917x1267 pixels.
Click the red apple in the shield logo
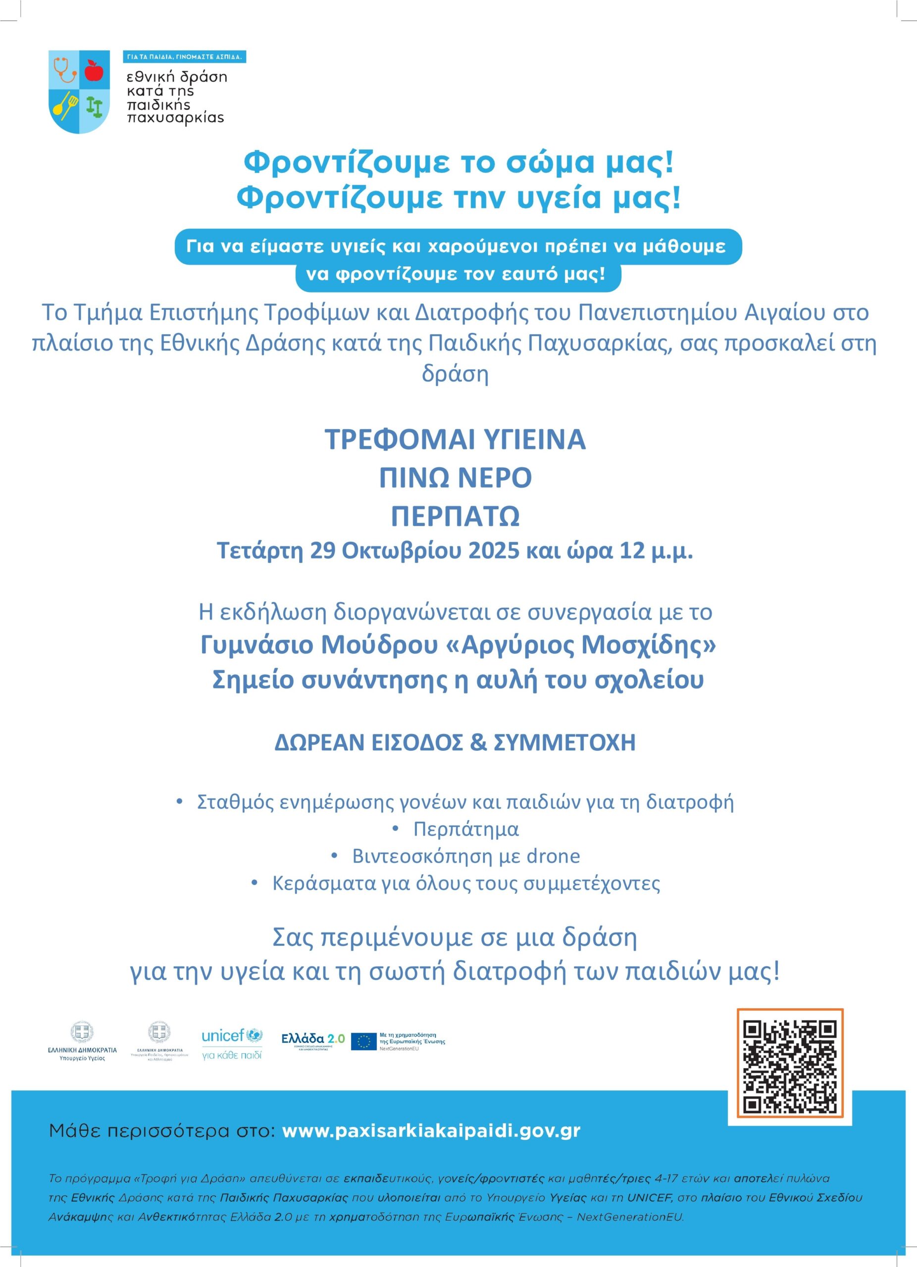[94, 71]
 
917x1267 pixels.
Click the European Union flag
[363, 1041]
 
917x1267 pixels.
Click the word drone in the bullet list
[553, 856]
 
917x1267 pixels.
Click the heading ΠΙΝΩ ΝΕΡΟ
[456, 478]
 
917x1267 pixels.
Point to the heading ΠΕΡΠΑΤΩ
[456, 516]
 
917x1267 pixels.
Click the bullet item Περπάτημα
[466, 829]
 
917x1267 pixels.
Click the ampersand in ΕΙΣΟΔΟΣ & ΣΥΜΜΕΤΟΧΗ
[478, 742]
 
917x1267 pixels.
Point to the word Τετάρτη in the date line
[260, 551]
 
